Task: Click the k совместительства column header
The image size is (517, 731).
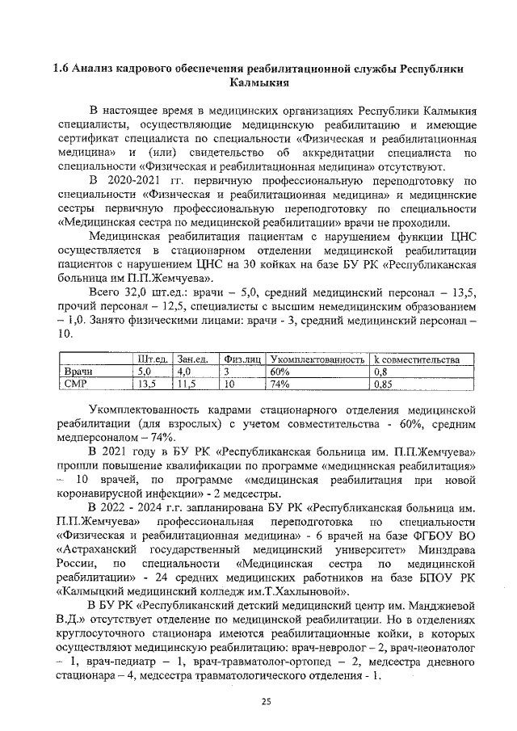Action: (416, 358)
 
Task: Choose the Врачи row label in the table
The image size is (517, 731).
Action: (78, 371)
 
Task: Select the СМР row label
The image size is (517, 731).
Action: (76, 384)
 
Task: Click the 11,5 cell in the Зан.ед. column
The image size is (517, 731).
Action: (188, 384)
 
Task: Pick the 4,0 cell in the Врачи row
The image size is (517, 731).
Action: (185, 371)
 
